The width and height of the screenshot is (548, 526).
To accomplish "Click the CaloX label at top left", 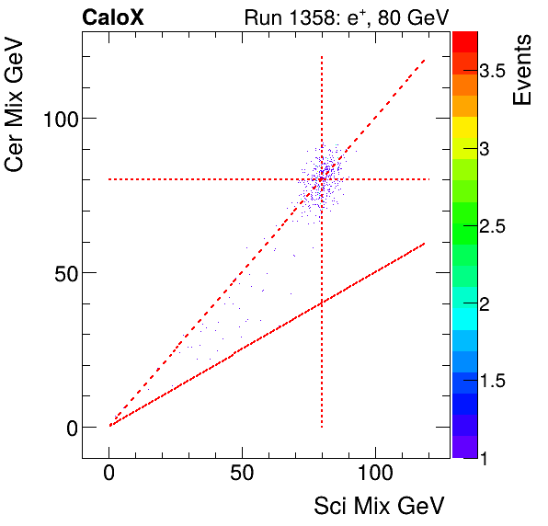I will point(113,17).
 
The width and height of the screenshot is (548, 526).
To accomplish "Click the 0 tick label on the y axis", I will point(66,428).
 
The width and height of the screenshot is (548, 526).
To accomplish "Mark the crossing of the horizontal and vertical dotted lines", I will point(322,179).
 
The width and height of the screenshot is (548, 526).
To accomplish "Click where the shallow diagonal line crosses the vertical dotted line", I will point(322,303).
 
